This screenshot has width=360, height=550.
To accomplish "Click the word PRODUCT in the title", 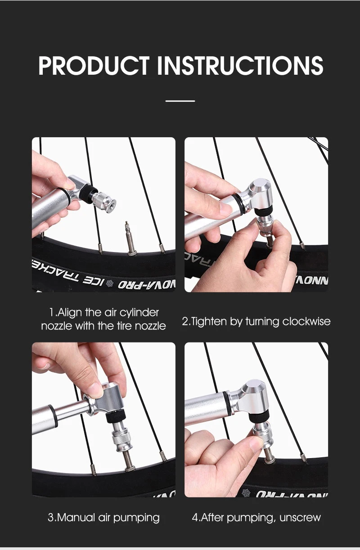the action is (94, 65).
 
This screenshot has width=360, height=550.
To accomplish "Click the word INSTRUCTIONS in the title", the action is (240, 65).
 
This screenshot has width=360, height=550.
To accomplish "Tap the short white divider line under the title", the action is (180, 101).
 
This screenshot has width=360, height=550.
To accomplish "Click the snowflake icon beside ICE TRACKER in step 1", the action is (110, 283).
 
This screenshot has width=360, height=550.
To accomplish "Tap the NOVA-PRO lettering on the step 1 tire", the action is (147, 284).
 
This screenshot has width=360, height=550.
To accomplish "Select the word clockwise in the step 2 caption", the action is (306, 321).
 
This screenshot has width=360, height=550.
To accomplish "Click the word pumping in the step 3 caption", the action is (136, 518).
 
